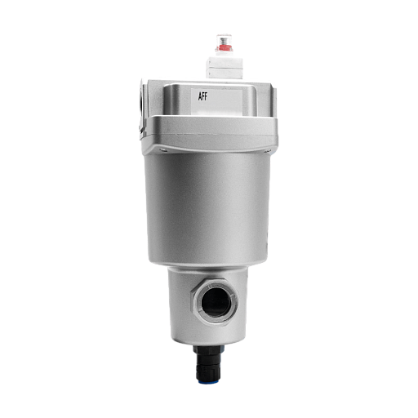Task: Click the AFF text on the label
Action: [x=202, y=96]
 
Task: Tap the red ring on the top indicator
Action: [x=224, y=49]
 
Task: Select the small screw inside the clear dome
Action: [x=224, y=42]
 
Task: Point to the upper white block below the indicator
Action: [x=225, y=62]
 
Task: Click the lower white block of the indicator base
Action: [x=225, y=73]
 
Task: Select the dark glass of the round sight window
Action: [x=216, y=302]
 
